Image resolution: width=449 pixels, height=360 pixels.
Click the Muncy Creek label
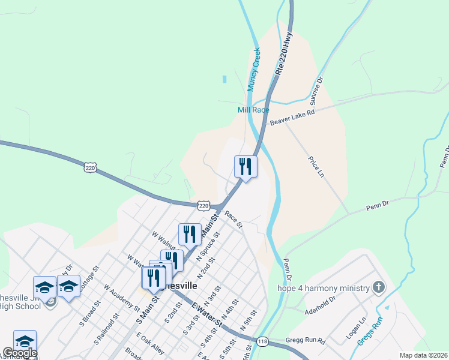(254, 69)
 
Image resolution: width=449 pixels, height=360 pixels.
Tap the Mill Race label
(253, 110)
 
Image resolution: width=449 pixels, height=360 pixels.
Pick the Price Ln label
(316, 167)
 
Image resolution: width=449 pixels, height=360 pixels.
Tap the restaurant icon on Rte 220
(245, 166)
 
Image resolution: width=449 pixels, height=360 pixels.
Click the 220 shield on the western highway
(91, 169)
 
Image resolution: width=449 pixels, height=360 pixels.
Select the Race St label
(234, 219)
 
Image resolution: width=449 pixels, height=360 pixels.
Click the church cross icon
(378, 287)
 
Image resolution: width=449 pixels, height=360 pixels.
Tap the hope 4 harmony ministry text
(323, 288)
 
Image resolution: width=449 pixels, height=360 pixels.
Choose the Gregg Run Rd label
(306, 341)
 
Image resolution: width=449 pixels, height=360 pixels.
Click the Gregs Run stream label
(378, 329)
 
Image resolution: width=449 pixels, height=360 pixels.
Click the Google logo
(20, 353)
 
